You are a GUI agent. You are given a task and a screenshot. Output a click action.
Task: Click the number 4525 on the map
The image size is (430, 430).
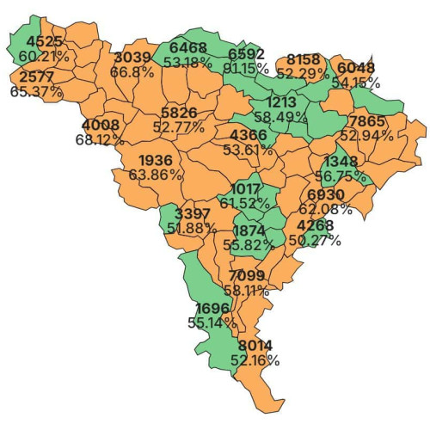pyautogui.click(x=44, y=41)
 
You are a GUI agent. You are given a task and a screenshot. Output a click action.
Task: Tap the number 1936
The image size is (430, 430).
pyautogui.click(x=155, y=160)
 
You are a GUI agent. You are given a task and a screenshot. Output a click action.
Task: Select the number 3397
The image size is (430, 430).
pyautogui.click(x=192, y=213)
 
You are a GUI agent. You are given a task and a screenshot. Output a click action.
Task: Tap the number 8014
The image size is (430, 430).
pyautogui.click(x=255, y=346)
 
